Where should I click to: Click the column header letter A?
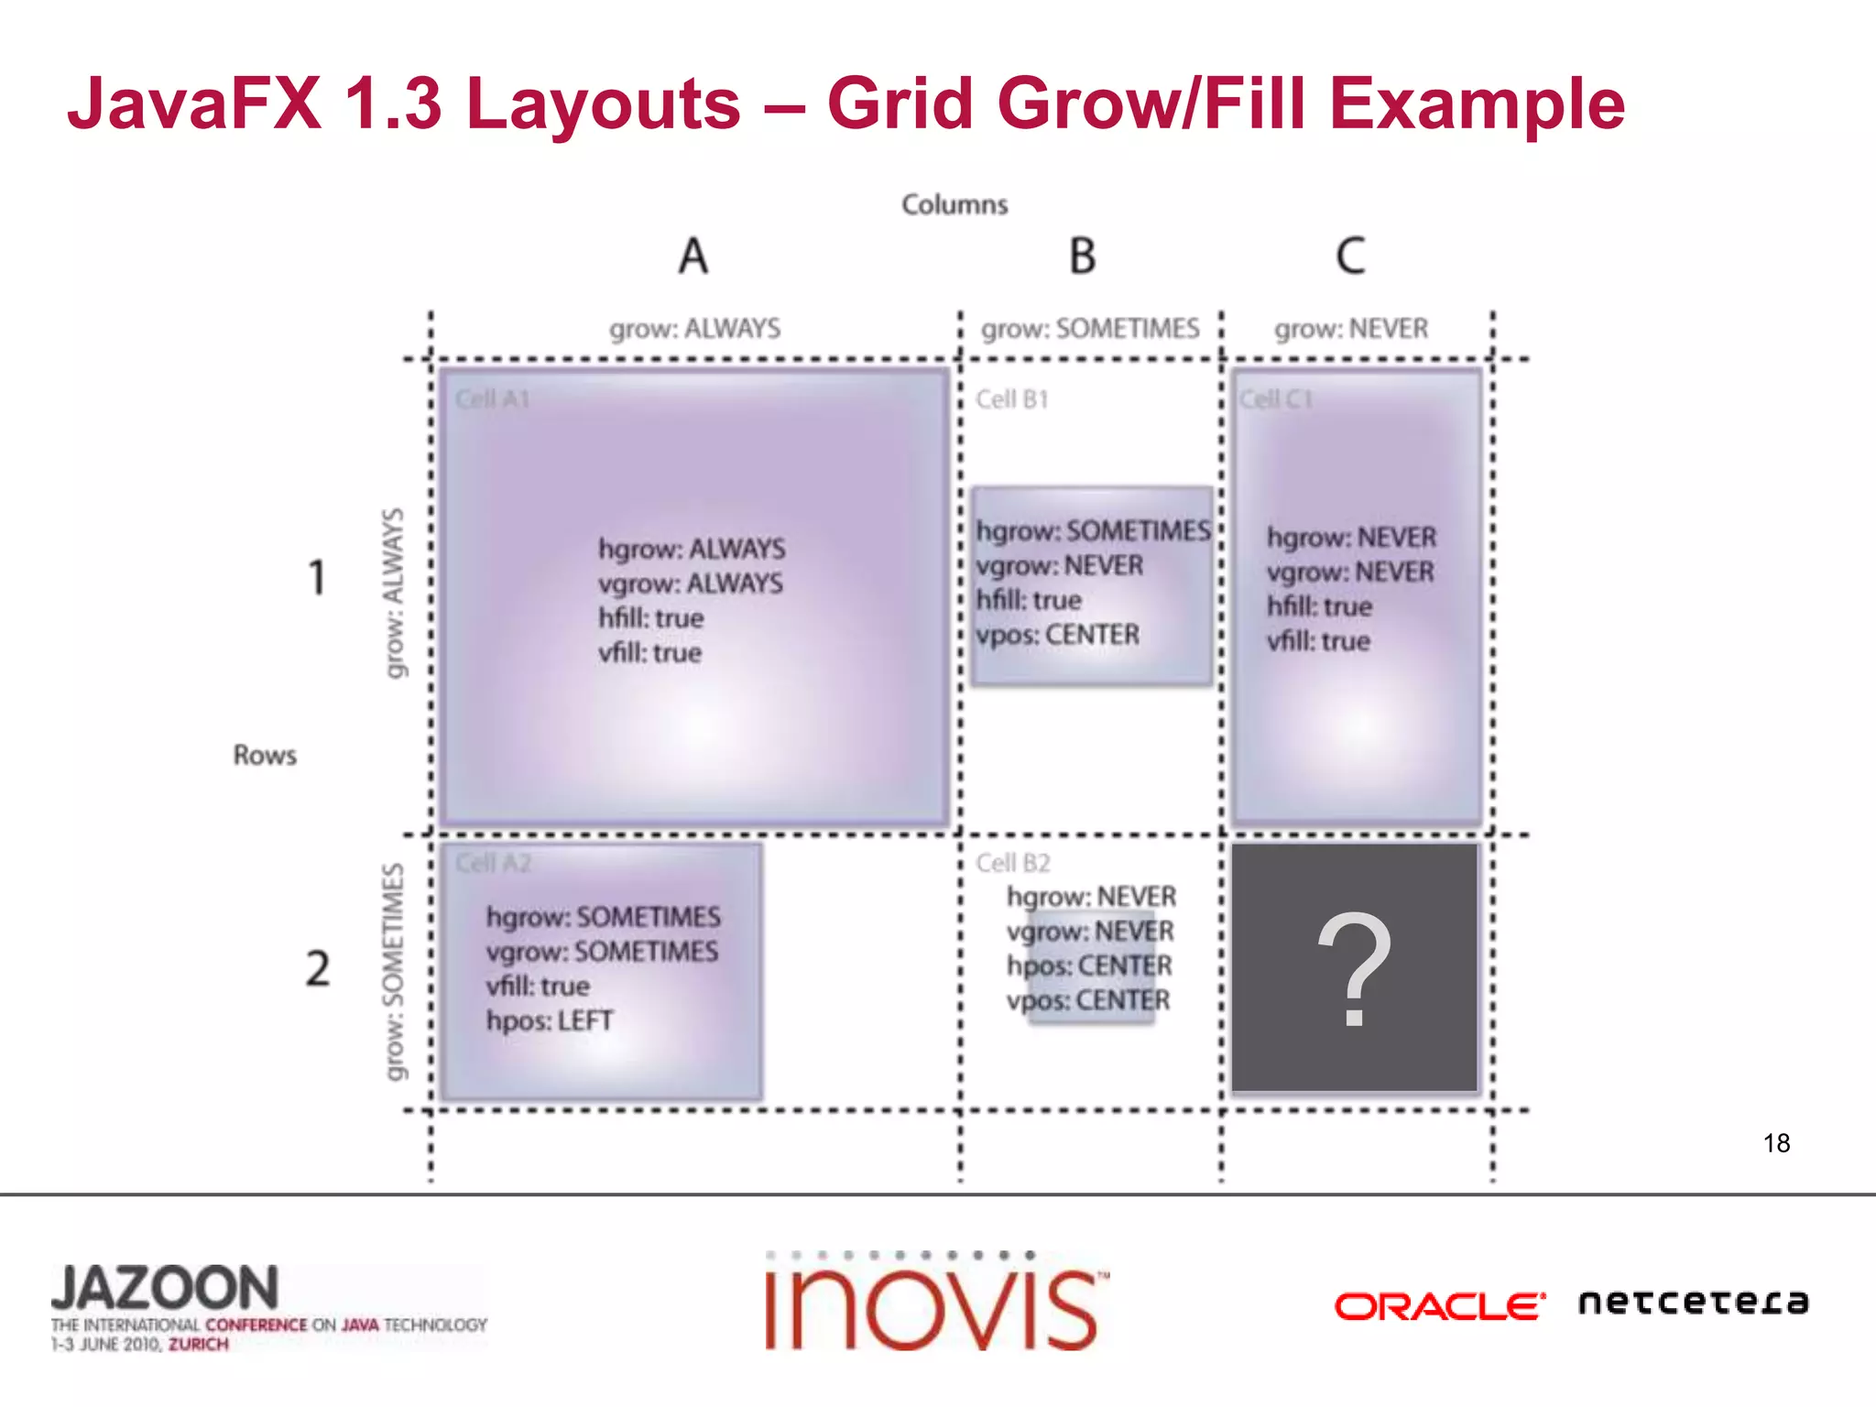click(693, 256)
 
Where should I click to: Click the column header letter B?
click(1083, 256)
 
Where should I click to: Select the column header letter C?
click(1350, 256)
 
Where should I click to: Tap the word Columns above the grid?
click(954, 204)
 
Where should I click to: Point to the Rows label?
click(265, 755)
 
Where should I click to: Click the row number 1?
click(317, 577)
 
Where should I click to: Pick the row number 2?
click(318, 968)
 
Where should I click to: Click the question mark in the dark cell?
click(1354, 970)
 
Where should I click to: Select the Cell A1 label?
click(493, 399)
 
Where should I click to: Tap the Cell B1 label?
click(1012, 399)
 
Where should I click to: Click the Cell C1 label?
click(1276, 399)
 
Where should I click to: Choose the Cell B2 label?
click(1013, 863)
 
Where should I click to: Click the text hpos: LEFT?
click(550, 1020)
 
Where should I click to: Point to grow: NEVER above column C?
click(1351, 328)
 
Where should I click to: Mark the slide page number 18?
click(1776, 1142)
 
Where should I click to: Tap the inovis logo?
click(934, 1304)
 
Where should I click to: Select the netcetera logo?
click(1693, 1302)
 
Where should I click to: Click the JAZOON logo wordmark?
click(165, 1288)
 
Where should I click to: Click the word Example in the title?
click(1477, 104)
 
